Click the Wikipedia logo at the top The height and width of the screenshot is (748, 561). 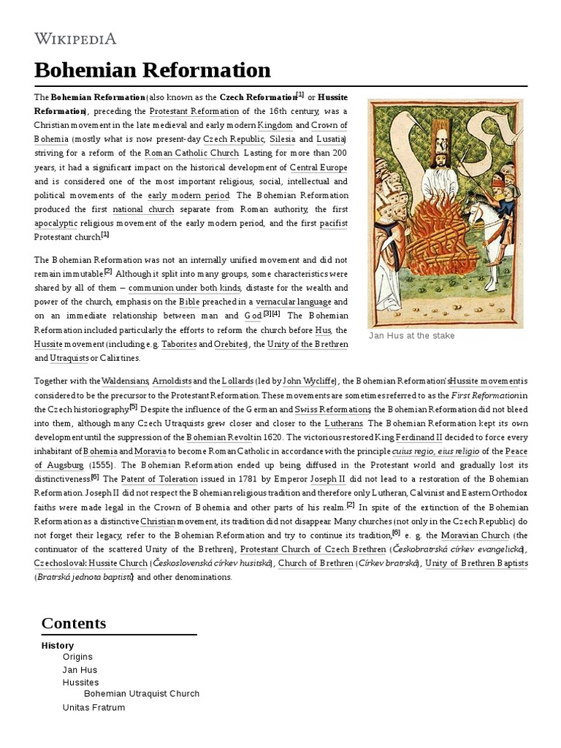(75, 38)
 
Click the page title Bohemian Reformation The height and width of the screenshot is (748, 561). (152, 70)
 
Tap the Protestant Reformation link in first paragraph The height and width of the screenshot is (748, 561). (194, 111)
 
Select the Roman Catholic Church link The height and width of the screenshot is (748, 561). (191, 153)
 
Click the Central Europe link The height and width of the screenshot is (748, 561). (318, 167)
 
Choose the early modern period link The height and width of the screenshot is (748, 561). (188, 195)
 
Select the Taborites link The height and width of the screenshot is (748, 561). (178, 344)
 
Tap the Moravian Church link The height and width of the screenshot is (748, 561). (475, 535)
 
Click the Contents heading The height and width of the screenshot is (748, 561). (74, 623)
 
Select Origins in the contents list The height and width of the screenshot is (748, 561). (77, 657)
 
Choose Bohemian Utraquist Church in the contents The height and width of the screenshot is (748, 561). (142, 693)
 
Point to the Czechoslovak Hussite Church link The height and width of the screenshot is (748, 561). (91, 563)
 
